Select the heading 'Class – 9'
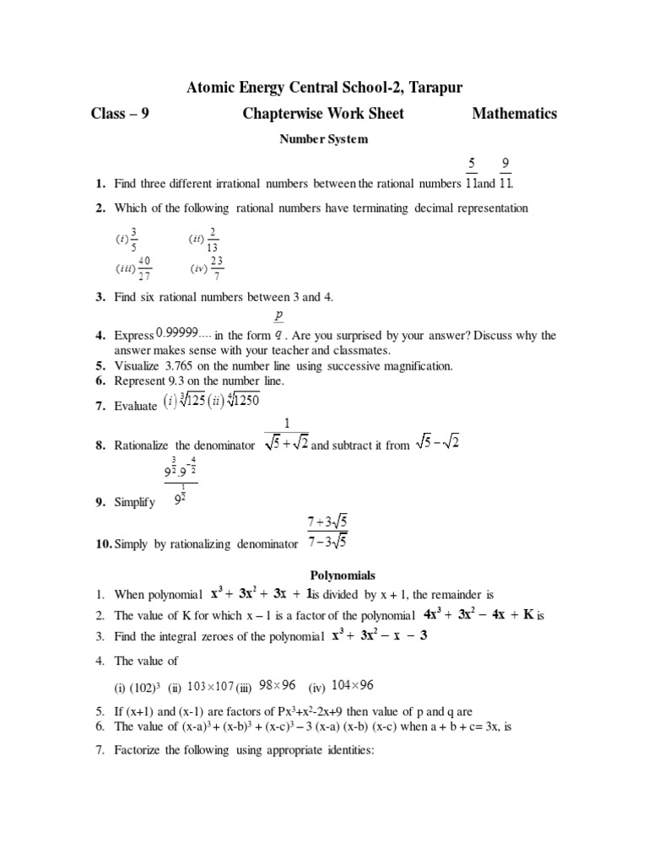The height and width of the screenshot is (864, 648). (x=120, y=114)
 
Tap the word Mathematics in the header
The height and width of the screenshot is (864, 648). (x=514, y=114)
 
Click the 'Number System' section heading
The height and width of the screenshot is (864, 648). (x=324, y=139)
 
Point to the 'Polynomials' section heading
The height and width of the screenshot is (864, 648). (x=323, y=574)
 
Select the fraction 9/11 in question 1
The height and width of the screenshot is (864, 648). (x=505, y=171)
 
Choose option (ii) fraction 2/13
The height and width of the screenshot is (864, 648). (x=212, y=240)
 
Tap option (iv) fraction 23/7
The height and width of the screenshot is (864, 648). (x=216, y=268)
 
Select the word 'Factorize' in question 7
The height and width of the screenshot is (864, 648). (x=140, y=749)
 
